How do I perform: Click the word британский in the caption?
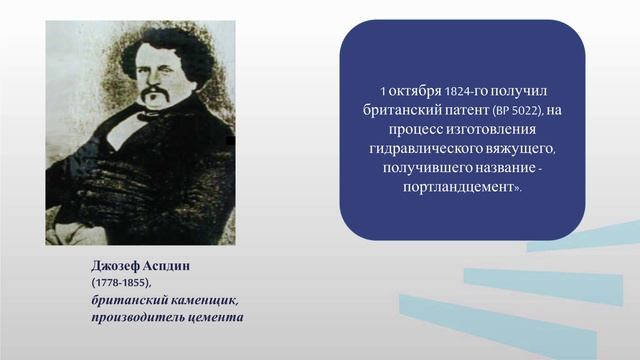click(122, 301)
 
